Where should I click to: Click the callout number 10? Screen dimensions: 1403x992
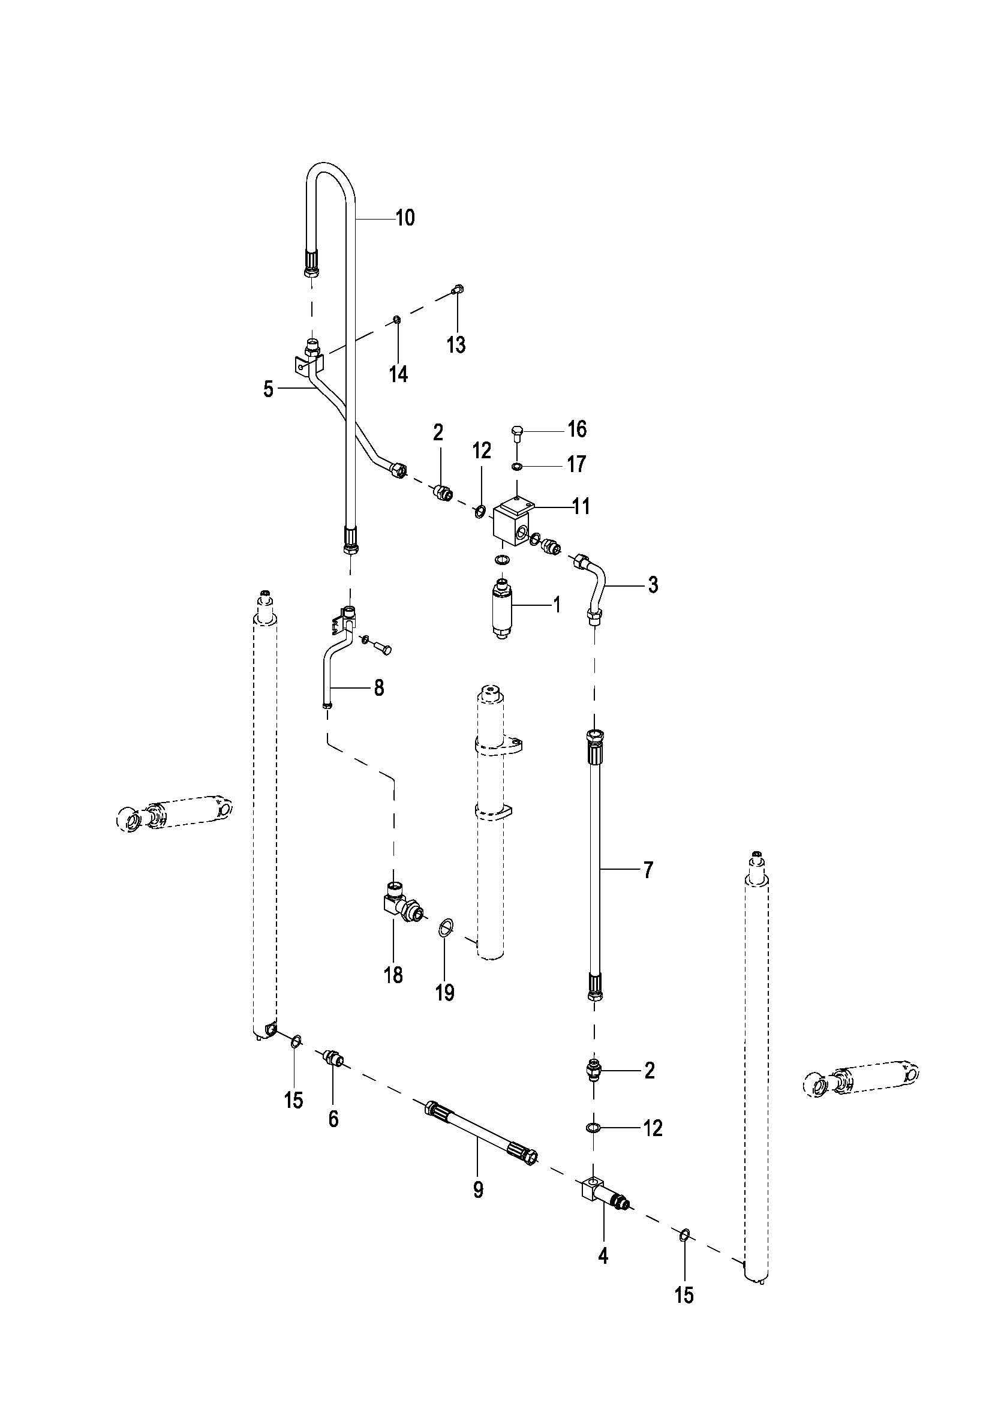click(405, 218)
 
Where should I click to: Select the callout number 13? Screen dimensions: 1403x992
click(456, 345)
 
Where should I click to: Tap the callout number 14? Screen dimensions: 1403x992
click(398, 373)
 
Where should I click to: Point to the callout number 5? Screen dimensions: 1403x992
click(269, 389)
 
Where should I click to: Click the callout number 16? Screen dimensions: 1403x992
click(576, 429)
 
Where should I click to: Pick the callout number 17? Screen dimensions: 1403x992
click(576, 464)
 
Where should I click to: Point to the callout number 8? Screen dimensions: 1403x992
click(378, 688)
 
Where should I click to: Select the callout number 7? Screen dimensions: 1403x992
click(648, 869)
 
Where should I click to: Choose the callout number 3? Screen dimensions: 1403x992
click(653, 585)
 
